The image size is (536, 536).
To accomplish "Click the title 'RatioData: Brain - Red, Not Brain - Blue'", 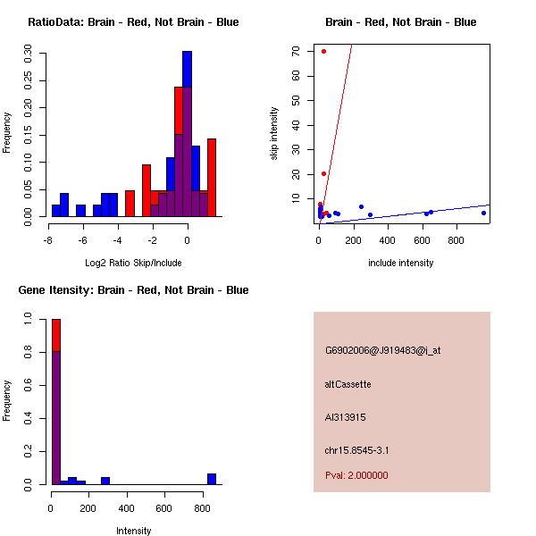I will click(x=133, y=22).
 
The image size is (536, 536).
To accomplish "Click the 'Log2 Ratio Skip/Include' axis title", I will click(x=133, y=263).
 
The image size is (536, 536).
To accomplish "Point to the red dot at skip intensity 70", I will click(x=323, y=51).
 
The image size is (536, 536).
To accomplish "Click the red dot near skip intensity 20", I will click(x=323, y=173).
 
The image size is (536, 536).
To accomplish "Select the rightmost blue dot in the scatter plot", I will click(x=483, y=213).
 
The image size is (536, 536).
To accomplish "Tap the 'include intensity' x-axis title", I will click(x=400, y=263).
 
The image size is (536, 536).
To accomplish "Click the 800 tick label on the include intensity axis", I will click(x=456, y=240).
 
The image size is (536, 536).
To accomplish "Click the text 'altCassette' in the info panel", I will click(x=348, y=384).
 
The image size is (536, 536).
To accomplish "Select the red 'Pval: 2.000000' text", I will click(x=356, y=475).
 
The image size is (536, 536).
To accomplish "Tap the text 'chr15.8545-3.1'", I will click(x=356, y=450).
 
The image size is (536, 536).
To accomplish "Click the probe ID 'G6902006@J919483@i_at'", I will click(x=382, y=350).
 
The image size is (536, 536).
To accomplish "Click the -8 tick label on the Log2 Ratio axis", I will click(x=47, y=240).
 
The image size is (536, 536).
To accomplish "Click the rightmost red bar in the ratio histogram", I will click(x=212, y=177).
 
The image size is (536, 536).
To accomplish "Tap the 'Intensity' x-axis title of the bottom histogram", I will click(x=134, y=531).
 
